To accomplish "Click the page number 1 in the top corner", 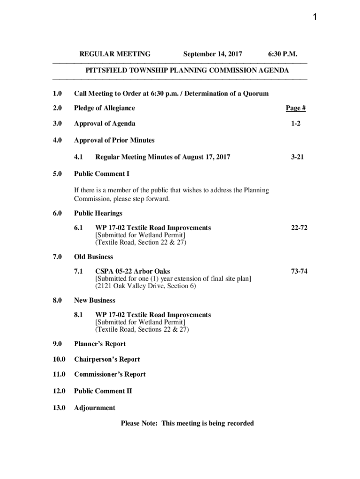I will click(x=315, y=18).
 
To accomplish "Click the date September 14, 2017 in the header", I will click(x=212, y=54).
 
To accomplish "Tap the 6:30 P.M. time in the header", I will click(x=282, y=54).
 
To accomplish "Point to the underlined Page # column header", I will click(x=295, y=108).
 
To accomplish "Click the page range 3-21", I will click(x=297, y=157).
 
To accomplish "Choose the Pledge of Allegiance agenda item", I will click(x=104, y=108).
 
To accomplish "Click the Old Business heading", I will click(x=94, y=257).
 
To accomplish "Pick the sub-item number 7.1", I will click(x=79, y=271).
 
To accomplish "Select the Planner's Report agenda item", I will click(x=100, y=344).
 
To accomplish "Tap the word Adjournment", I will click(x=94, y=408).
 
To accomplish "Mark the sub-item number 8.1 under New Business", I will click(x=79, y=315).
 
